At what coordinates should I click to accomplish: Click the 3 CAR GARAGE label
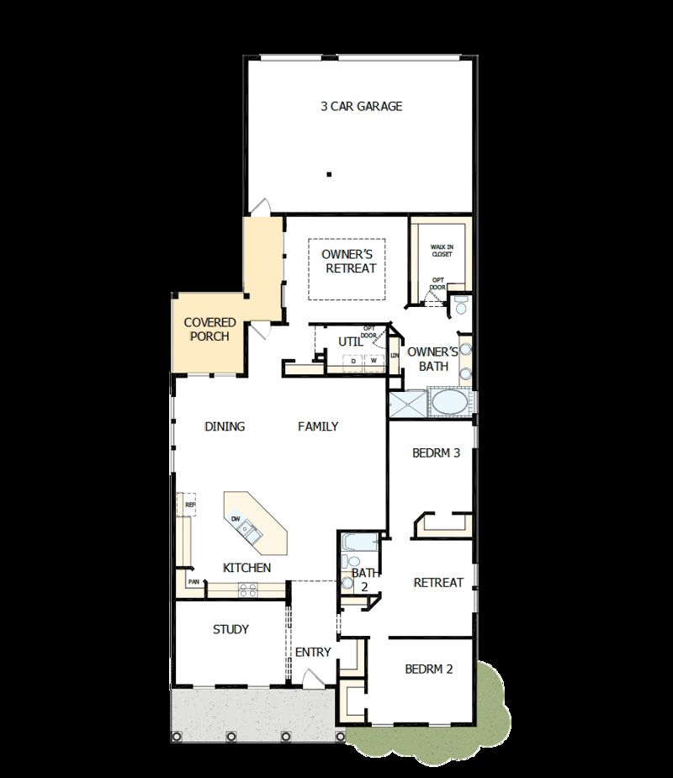tap(361, 106)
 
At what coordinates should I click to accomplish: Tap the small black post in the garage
tap(330, 175)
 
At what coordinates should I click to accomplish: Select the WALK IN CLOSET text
tap(442, 250)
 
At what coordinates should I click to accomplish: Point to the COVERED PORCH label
tap(209, 329)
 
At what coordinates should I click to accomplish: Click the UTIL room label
tap(350, 341)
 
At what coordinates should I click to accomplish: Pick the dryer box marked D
tap(353, 362)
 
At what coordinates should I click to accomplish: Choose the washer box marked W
tap(374, 362)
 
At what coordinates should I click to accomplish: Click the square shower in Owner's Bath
tap(408, 402)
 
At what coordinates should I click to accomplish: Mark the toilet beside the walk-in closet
tap(461, 304)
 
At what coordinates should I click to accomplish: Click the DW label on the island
tap(237, 519)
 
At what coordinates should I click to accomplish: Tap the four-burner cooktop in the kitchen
tap(247, 590)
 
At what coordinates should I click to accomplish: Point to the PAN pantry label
tap(193, 581)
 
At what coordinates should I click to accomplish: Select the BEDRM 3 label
tap(436, 453)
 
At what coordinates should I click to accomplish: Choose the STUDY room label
tap(231, 629)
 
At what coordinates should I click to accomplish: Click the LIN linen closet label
tap(395, 356)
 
